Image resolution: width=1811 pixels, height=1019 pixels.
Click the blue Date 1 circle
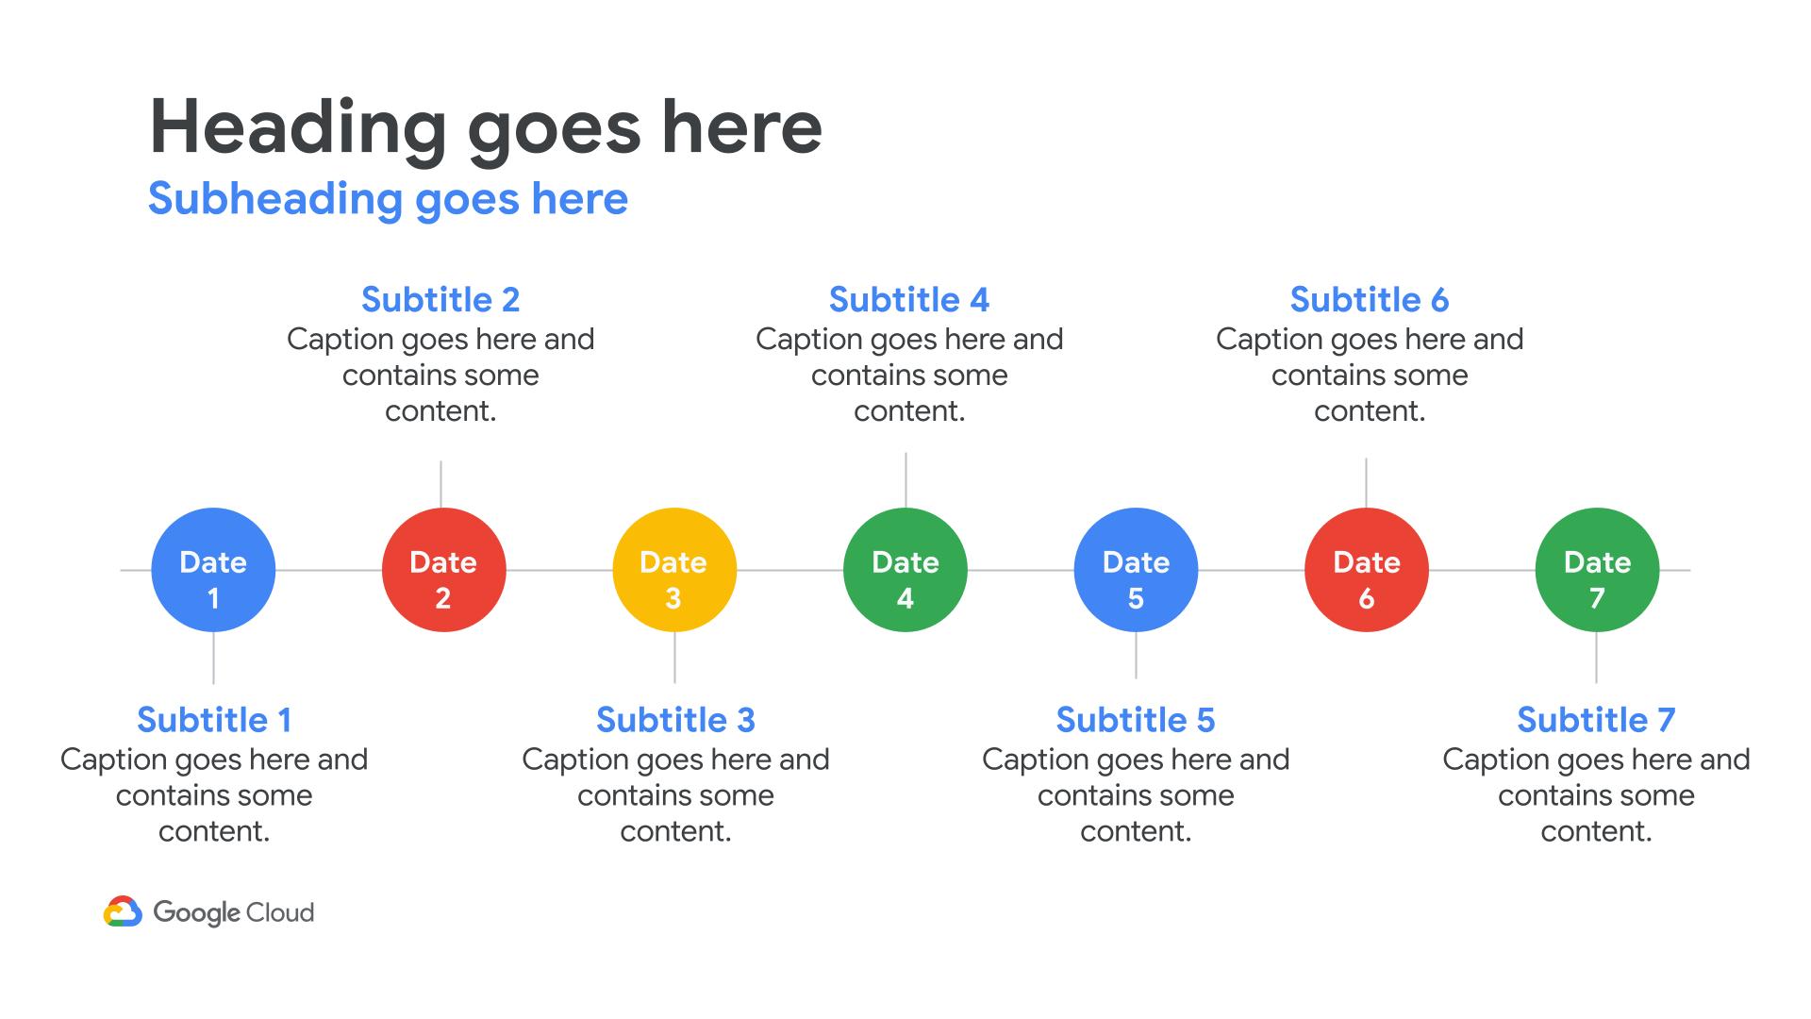coord(213,570)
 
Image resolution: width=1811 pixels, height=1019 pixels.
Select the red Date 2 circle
coord(444,570)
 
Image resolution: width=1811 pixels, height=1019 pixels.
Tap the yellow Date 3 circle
coord(674,570)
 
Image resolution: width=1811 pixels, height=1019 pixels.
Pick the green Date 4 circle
coord(905,570)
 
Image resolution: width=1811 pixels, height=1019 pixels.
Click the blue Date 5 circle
coord(1136,570)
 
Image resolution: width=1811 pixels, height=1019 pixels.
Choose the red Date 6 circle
coord(1367,570)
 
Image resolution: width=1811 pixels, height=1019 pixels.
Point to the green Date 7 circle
coord(1597,570)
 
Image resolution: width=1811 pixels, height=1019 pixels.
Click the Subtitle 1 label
coord(214,720)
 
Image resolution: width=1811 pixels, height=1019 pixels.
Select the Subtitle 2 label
coord(440,300)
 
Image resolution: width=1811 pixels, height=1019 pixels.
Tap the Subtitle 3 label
coord(675,720)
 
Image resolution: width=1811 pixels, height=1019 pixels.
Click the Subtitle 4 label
coord(909,300)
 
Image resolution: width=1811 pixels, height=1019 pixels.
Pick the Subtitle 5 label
coord(1136,720)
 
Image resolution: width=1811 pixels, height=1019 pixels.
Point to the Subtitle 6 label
coord(1370,300)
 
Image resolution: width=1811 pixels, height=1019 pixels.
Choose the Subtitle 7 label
coord(1596,720)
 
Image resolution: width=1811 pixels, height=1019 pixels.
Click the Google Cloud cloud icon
coord(123,911)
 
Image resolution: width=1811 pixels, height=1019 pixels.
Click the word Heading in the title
coord(298,128)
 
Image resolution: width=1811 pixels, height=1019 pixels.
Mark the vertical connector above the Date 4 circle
coord(906,480)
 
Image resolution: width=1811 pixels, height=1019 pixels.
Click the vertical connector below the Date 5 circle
coord(1136,655)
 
